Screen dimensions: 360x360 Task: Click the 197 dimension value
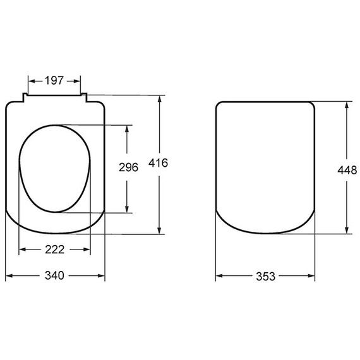(54, 81)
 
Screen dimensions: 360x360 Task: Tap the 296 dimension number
(128, 167)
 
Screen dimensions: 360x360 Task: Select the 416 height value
(158, 163)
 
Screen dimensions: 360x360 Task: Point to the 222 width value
(55, 249)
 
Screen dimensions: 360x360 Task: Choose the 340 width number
(54, 275)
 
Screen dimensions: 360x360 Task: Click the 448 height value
(347, 170)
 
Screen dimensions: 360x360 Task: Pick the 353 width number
(266, 277)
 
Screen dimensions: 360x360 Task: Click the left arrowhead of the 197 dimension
(31, 81)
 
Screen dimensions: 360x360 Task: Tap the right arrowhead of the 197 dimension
(78, 81)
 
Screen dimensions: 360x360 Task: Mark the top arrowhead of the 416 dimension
(160, 99)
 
